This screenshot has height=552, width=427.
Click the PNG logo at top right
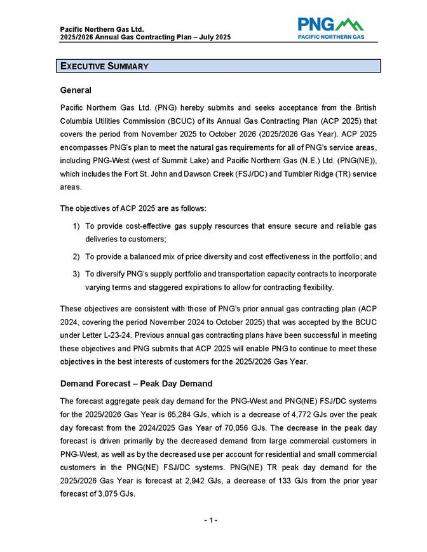[331, 29]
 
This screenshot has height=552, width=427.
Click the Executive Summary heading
[104, 66]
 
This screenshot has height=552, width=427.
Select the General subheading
[76, 90]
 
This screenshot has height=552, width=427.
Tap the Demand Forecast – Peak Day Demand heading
[136, 384]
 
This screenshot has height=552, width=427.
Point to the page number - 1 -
[211, 521]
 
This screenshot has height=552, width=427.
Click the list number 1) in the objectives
[76, 226]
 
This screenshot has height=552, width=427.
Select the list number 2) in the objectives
[76, 257]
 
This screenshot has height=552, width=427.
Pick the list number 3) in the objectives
[76, 274]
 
